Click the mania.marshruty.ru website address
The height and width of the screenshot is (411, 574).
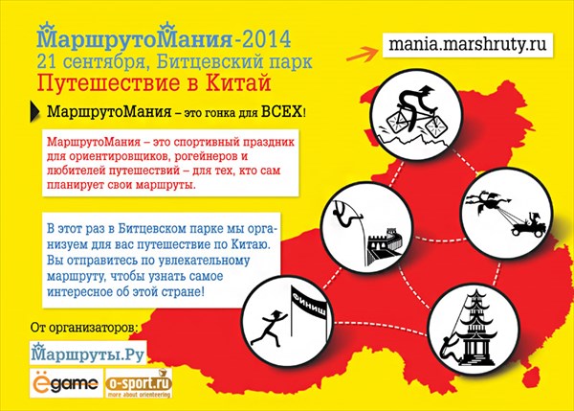(467, 45)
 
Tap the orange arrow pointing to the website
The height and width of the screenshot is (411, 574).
(362, 55)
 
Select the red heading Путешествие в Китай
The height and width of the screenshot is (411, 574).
(154, 82)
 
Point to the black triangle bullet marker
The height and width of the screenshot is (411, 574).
(34, 111)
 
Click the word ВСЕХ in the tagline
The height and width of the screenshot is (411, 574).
(281, 111)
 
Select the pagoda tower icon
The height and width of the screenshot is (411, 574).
(475, 329)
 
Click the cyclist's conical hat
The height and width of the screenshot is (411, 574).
(426, 90)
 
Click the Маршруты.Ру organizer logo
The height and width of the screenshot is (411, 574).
(88, 354)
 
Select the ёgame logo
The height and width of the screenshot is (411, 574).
(66, 383)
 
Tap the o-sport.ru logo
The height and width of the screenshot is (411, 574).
(139, 383)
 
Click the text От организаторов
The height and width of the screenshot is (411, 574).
(84, 327)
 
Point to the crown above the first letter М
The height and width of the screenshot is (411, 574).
(47, 28)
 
